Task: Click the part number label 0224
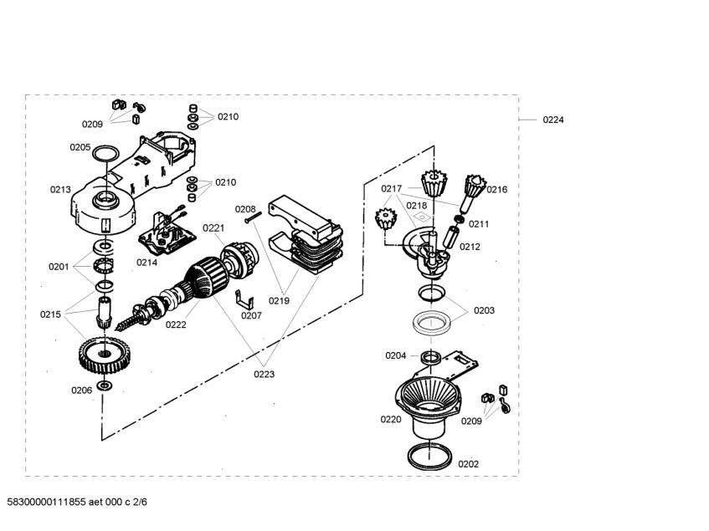[553, 120]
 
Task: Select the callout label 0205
[80, 147]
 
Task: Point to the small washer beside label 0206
[105, 385]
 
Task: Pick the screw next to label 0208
[254, 218]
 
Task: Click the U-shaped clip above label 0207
[244, 299]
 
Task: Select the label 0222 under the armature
[176, 324]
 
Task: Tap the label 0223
[264, 374]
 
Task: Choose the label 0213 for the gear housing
[60, 190]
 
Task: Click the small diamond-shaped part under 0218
[422, 217]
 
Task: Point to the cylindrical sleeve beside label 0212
[451, 238]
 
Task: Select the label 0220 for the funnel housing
[391, 420]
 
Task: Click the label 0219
[279, 301]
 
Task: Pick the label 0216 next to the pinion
[497, 190]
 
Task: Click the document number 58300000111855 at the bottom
[46, 502]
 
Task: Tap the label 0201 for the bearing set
[59, 267]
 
